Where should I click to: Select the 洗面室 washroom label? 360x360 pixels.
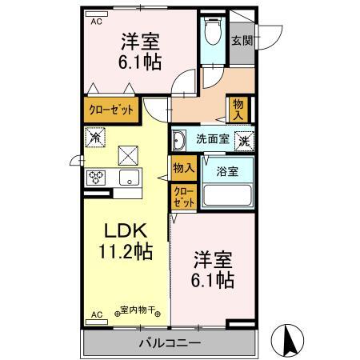pos(213,138)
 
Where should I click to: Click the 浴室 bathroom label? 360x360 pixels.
pos(226,170)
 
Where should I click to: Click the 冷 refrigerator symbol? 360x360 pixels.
pos(95,137)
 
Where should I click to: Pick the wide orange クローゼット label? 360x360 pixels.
pos(110,108)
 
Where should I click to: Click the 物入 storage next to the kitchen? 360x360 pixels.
pos(183,166)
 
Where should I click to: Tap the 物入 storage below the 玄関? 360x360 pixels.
pos(239,106)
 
